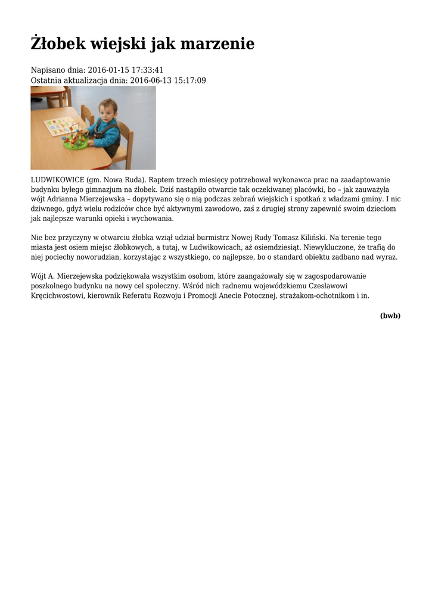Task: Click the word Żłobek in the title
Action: (58, 43)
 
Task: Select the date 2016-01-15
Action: (108, 70)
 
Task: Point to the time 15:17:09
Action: (188, 80)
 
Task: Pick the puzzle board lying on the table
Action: (60, 126)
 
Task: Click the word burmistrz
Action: (197, 238)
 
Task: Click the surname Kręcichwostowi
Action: (60, 296)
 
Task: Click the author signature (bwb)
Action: (390, 316)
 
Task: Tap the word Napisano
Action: (49, 70)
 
